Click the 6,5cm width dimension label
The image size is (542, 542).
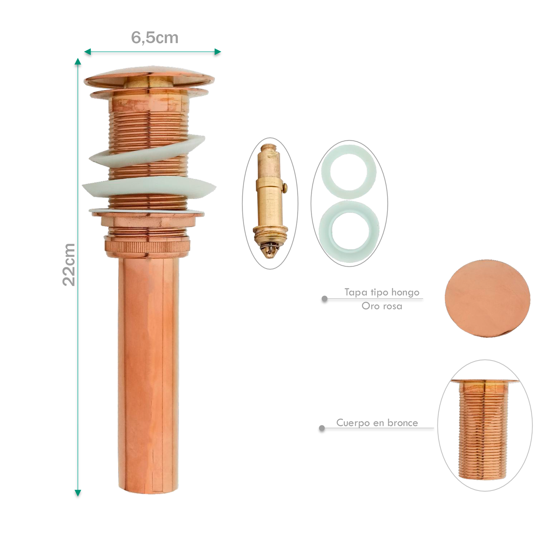point(155,38)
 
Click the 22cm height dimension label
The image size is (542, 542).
point(69,265)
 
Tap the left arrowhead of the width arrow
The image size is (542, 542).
point(87,52)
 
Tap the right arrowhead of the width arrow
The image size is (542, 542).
point(218,52)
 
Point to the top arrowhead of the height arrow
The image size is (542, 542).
point(78,62)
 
